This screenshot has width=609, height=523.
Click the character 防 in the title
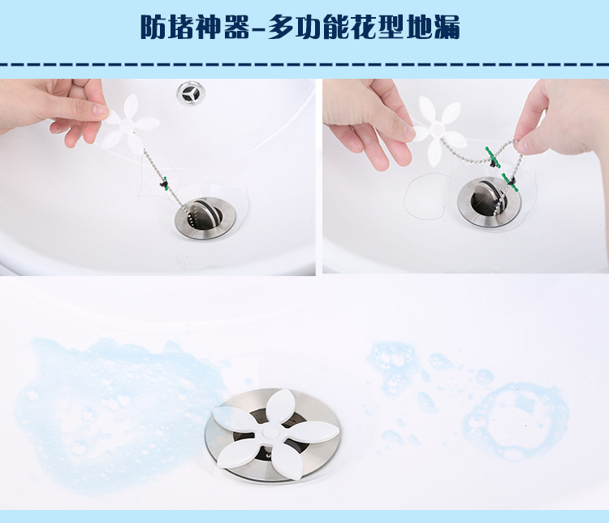(153, 27)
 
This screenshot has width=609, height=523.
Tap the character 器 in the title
(236, 27)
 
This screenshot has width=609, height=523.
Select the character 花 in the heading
(363, 27)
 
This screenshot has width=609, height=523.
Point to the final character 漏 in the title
(447, 27)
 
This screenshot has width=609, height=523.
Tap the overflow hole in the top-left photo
(191, 93)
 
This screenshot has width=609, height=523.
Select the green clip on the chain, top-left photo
(165, 184)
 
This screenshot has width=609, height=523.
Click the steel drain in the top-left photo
(205, 217)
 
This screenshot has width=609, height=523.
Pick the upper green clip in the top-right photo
(492, 157)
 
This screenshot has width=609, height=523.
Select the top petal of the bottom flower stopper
(279, 407)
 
